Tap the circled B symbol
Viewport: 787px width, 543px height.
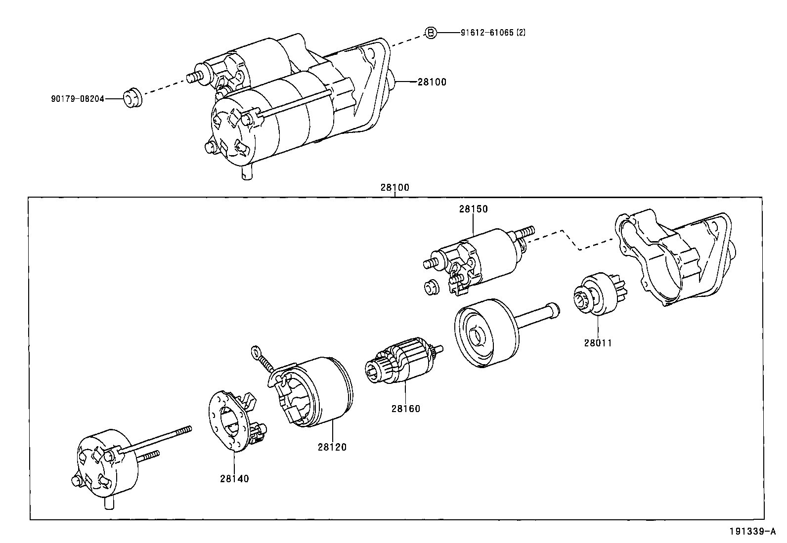point(431,33)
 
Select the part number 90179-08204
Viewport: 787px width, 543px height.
point(78,99)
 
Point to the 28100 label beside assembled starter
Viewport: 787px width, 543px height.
point(432,82)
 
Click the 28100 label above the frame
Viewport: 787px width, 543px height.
point(394,188)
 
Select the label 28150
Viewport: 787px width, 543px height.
point(473,209)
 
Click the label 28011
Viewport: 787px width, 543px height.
point(598,342)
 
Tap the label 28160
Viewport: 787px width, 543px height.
point(405,409)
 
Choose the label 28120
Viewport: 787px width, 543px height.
point(332,447)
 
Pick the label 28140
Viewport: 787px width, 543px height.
point(234,478)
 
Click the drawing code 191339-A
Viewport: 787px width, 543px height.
point(752,532)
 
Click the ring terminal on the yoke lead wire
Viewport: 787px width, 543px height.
point(256,352)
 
